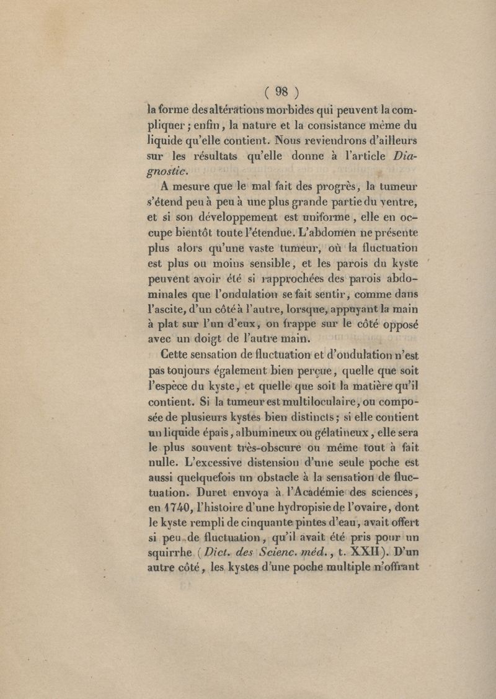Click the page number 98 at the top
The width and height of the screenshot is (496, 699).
click(x=282, y=91)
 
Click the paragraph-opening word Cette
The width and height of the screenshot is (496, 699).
click(x=177, y=356)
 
